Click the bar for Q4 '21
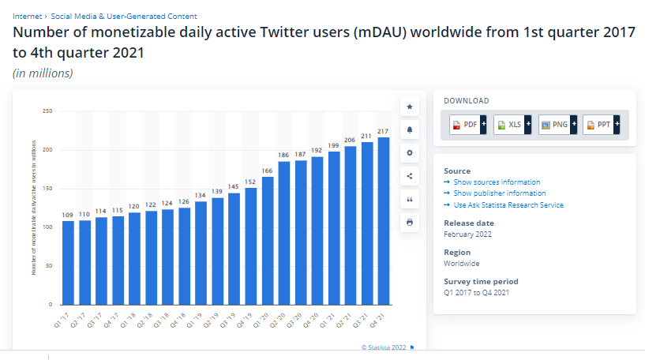coord(384,221)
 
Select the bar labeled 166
coord(268,241)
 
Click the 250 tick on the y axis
coord(47,111)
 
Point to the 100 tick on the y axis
coord(47,227)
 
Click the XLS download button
coord(512,124)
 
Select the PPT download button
coord(602,124)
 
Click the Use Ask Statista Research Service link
coord(508,205)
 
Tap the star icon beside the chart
coord(410,106)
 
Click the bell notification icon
coord(410,129)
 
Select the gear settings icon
coord(410,152)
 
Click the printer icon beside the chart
coord(410,223)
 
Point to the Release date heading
coord(468,223)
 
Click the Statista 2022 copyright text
coord(384,347)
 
